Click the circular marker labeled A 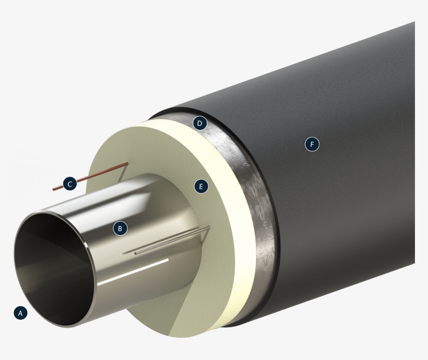click(x=20, y=313)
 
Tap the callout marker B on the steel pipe click(x=120, y=228)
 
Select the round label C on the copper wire click(x=69, y=184)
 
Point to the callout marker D click(x=199, y=124)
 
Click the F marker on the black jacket click(x=312, y=143)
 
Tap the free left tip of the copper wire click(x=54, y=189)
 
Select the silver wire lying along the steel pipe click(x=172, y=241)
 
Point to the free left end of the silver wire click(x=136, y=253)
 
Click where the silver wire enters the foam click(x=209, y=227)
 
